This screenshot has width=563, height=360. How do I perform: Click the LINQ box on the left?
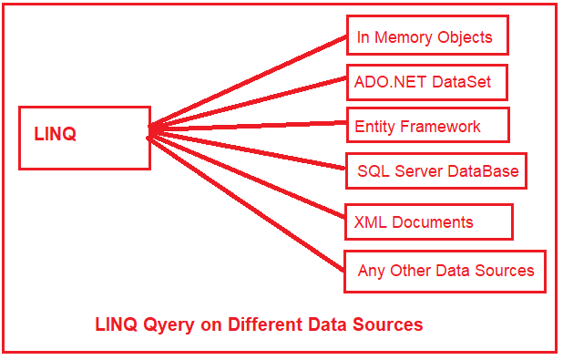[x=84, y=137]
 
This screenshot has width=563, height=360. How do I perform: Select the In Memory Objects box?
[x=426, y=36]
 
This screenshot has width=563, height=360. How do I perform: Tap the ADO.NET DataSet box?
[x=425, y=81]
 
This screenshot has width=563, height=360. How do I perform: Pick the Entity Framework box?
[x=427, y=125]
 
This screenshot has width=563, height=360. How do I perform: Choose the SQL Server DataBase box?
[x=435, y=170]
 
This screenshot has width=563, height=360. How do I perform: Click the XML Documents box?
[x=428, y=221]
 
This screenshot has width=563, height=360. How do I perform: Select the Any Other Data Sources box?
[x=445, y=271]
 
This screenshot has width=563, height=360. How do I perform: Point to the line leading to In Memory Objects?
[x=246, y=84]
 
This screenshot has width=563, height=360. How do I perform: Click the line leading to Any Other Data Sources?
[x=246, y=201]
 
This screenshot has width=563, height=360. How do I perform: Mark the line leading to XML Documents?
[x=246, y=176]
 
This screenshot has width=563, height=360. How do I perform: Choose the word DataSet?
[x=461, y=81]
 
